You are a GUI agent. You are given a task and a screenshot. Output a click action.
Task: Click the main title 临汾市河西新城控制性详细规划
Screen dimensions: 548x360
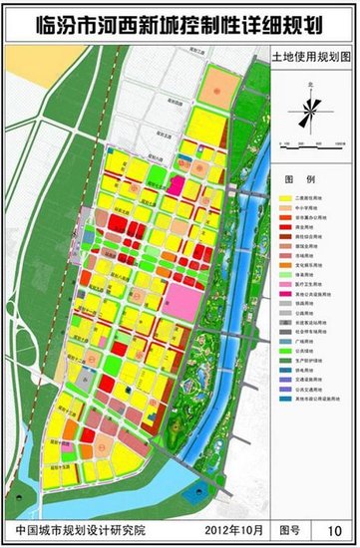(x=180, y=21)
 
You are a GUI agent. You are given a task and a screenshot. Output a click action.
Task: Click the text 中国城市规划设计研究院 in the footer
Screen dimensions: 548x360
(x=76, y=527)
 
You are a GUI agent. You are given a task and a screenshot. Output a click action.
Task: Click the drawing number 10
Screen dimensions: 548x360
(x=334, y=527)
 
